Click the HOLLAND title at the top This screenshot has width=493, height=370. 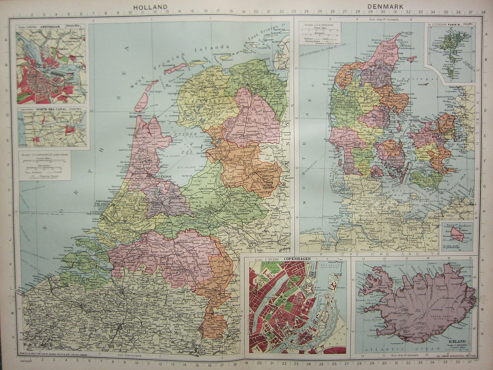[150, 7]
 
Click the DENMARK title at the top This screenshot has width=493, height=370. [385, 7]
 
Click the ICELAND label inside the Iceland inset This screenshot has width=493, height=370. [457, 342]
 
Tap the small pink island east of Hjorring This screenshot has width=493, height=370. [411, 59]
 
